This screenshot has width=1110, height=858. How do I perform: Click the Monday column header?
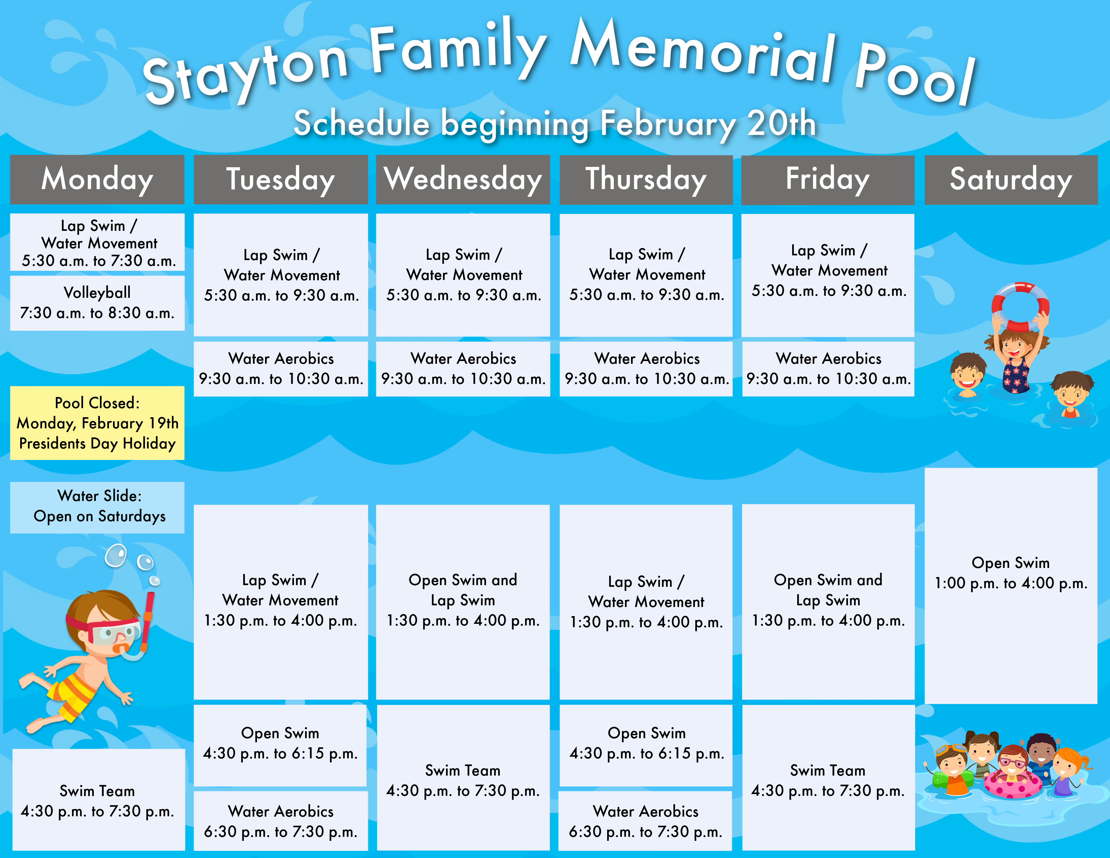97,179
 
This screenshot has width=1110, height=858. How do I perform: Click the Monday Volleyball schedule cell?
97,303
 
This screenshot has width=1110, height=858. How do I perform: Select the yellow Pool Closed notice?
97,423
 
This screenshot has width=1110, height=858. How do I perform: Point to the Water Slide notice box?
97,507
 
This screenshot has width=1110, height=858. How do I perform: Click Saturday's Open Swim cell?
1011,585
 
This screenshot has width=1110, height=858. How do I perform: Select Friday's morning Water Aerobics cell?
828,368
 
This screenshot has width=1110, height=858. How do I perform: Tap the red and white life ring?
1021,307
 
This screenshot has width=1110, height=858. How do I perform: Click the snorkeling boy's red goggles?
104,630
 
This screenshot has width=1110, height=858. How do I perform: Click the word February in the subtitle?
668,123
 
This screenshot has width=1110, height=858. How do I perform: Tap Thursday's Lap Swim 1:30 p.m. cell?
646,602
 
